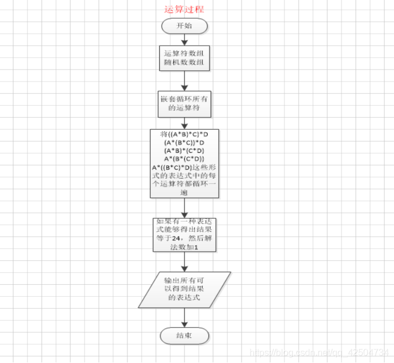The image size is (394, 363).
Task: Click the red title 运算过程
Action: pyautogui.click(x=184, y=9)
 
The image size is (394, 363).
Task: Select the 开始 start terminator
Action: pyautogui.click(x=184, y=26)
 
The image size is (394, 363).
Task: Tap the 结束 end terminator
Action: pyautogui.click(x=184, y=336)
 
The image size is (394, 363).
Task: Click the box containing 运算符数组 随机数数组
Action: pyautogui.click(x=184, y=58)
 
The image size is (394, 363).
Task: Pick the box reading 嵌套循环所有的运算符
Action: pyautogui.click(x=184, y=103)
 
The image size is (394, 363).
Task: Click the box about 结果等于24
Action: pyautogui.click(x=184, y=235)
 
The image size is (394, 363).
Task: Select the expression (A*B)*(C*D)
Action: pyautogui.click(x=184, y=151)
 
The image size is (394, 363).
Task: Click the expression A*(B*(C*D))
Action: pyautogui.click(x=184, y=159)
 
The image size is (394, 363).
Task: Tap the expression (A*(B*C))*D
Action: pyautogui.click(x=184, y=143)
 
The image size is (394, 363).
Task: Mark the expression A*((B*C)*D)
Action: pyautogui.click(x=171, y=167)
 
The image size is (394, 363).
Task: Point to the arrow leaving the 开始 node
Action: pyautogui.click(x=184, y=39)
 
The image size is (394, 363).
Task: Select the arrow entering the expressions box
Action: pyautogui.click(x=184, y=123)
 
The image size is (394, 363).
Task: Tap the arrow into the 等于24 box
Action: pyautogui.click(x=184, y=208)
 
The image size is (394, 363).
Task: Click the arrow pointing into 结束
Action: pyautogui.click(x=184, y=318)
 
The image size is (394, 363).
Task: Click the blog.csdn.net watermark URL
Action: pyautogui.click(x=320, y=354)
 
